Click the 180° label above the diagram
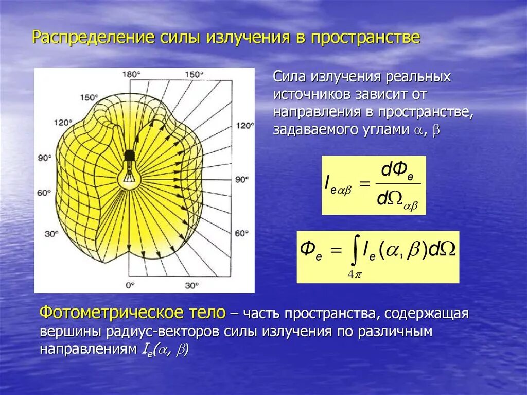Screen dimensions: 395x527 coord(131,74)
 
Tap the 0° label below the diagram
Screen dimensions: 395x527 coord(130,285)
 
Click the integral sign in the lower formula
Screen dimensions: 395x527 coord(354,252)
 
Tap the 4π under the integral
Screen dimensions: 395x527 coord(355,274)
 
